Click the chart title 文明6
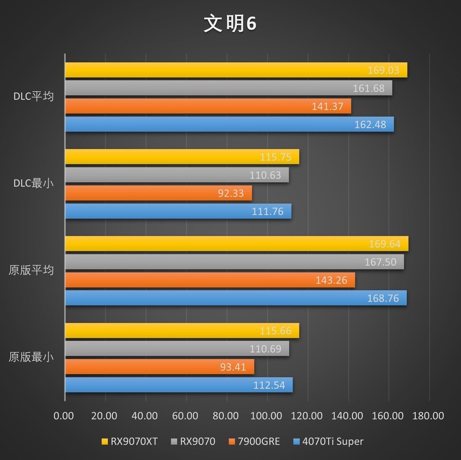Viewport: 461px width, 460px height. pos(230,24)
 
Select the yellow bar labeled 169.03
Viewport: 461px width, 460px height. pos(236,70)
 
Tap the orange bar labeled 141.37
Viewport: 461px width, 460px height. pos(207,106)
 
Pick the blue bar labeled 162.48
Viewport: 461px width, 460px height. pos(229,124)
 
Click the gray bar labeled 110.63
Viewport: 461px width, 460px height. pos(176,175)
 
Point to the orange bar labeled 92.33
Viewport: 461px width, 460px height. pos(158,193)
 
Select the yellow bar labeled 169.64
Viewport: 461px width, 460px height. pos(236,243)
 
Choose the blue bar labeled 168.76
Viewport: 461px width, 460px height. pos(235,298)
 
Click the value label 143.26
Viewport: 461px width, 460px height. pos(332,280)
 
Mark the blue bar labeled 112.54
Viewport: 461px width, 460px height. pos(179,385)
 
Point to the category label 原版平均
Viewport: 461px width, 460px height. pos(32,270)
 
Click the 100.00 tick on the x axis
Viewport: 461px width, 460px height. pos(266,416)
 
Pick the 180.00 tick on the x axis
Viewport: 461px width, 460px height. pos(429,416)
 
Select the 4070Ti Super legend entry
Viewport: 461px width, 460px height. pos(328,442)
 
